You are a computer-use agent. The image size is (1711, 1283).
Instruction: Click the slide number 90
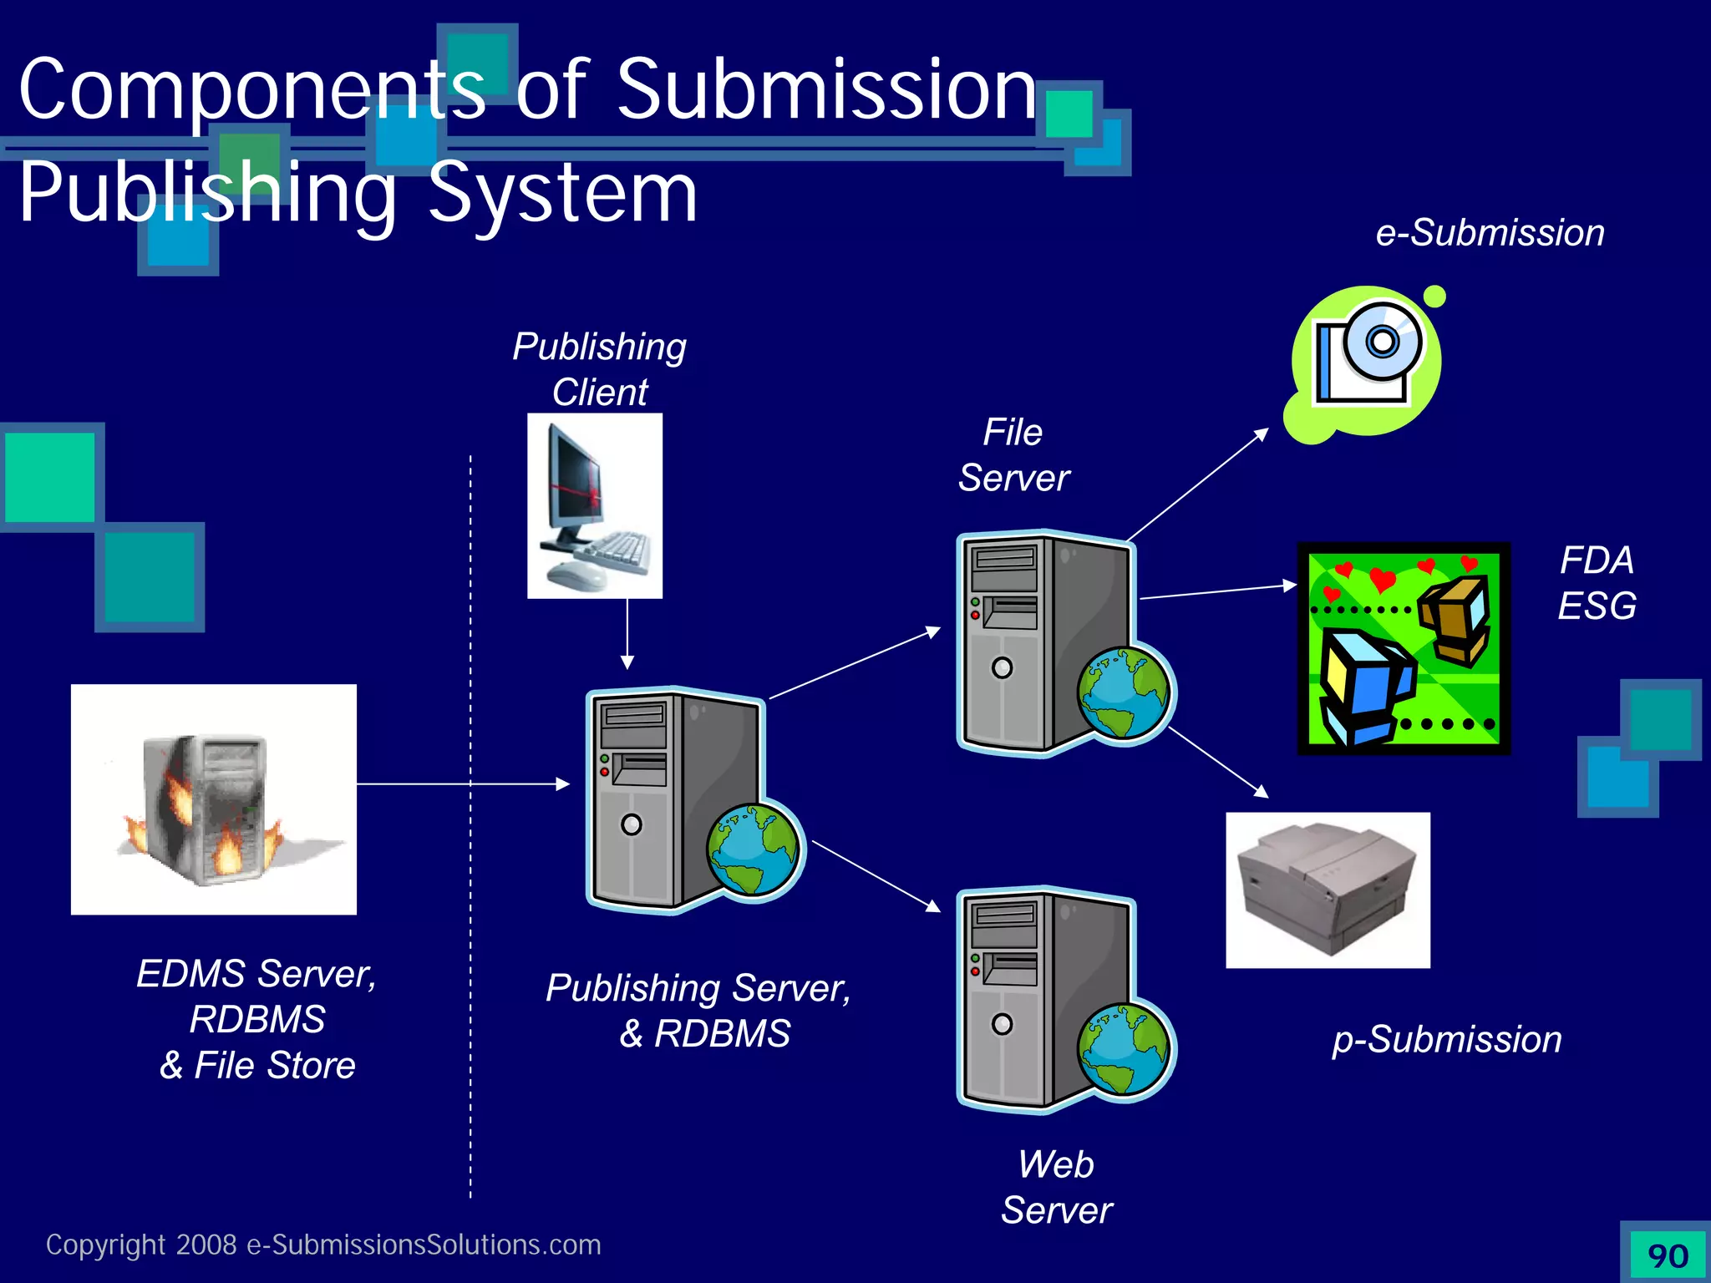[1668, 1255]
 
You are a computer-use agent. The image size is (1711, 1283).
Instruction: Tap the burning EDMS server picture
[213, 799]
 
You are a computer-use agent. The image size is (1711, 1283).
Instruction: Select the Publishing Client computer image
[594, 505]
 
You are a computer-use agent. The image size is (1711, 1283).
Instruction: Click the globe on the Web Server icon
[1124, 1049]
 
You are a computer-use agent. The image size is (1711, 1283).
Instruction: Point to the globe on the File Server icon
[1124, 693]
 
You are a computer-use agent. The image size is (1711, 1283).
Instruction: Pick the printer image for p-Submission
[1328, 890]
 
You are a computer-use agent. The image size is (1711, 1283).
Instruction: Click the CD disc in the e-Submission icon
[1382, 341]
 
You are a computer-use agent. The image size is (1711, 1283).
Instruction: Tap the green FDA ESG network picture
[1404, 649]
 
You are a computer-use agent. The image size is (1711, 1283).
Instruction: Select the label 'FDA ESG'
[1597, 582]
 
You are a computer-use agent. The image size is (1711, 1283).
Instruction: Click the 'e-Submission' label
[1490, 233]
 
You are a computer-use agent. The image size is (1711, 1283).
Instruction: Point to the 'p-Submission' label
[1446, 1040]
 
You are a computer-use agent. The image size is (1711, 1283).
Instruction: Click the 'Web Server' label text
[1056, 1187]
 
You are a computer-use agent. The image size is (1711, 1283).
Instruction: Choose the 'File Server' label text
[1013, 455]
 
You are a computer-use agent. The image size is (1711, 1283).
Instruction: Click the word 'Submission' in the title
[826, 89]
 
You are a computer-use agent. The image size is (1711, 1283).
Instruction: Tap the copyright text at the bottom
[323, 1245]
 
